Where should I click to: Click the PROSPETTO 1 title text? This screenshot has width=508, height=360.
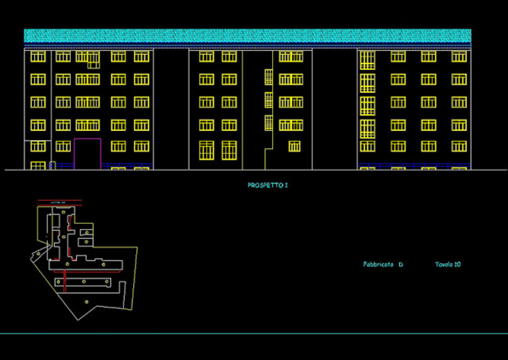(x=267, y=185)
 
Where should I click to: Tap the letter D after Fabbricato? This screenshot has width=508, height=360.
(x=401, y=265)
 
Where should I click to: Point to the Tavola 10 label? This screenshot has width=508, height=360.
(x=447, y=265)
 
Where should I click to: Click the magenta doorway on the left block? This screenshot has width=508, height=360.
(x=87, y=154)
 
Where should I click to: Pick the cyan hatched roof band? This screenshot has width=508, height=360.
(x=247, y=36)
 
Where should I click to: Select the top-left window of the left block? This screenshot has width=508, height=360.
(x=38, y=56)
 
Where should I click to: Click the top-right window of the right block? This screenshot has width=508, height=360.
(x=458, y=56)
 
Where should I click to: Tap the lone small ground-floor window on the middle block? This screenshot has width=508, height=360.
(x=294, y=147)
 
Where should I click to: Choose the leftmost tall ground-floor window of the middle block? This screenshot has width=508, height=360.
(x=206, y=150)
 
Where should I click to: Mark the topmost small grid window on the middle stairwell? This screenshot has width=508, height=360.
(x=269, y=77)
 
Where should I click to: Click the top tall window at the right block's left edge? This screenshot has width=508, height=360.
(x=367, y=60)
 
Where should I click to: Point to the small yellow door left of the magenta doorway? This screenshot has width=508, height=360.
(x=52, y=166)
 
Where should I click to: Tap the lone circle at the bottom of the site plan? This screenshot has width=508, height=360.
(x=86, y=301)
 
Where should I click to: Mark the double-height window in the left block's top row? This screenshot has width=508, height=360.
(x=93, y=60)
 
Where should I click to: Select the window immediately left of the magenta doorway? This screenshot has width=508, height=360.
(x=63, y=147)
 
